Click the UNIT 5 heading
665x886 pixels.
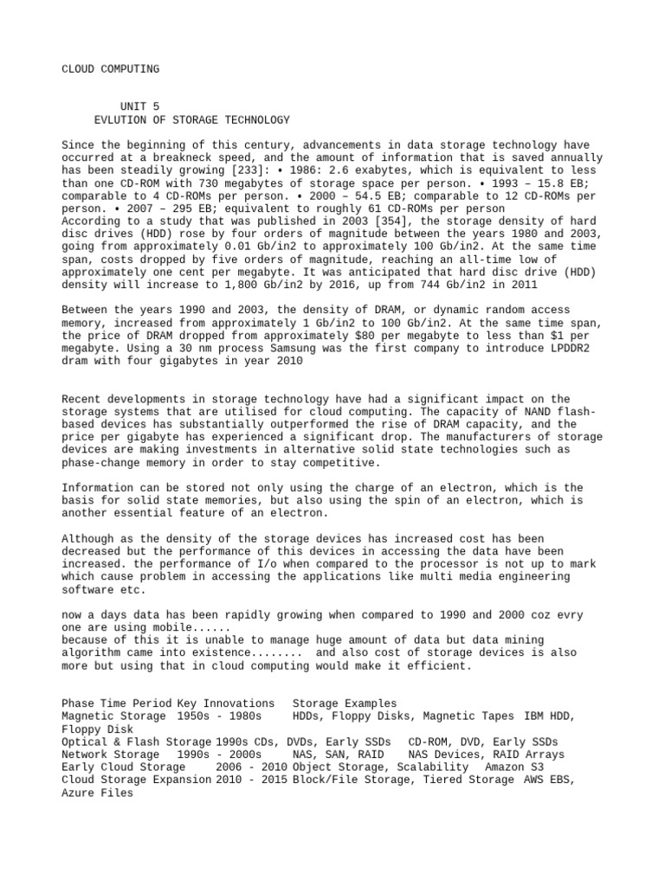[x=139, y=106]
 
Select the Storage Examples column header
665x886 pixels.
[x=345, y=703]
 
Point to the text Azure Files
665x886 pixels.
[x=98, y=792]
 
